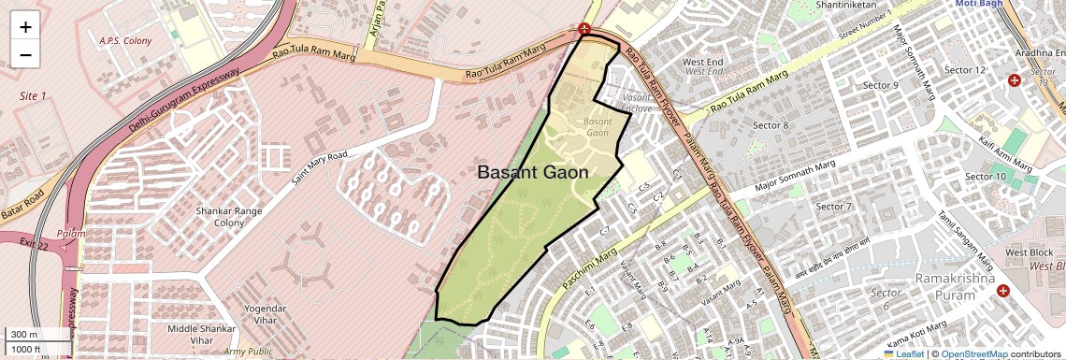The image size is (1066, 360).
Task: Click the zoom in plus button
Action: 25,26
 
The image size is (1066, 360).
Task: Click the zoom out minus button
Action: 25,54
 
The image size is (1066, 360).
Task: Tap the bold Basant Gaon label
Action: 533,172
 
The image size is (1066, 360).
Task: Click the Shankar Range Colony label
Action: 220,217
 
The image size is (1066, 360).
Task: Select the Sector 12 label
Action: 965,70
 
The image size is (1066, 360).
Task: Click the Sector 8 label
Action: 771,125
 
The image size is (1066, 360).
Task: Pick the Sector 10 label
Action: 986,177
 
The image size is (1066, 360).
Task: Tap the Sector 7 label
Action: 834,206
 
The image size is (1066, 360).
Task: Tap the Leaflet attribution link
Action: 903,353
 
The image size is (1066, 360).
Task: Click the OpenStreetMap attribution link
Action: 973,353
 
